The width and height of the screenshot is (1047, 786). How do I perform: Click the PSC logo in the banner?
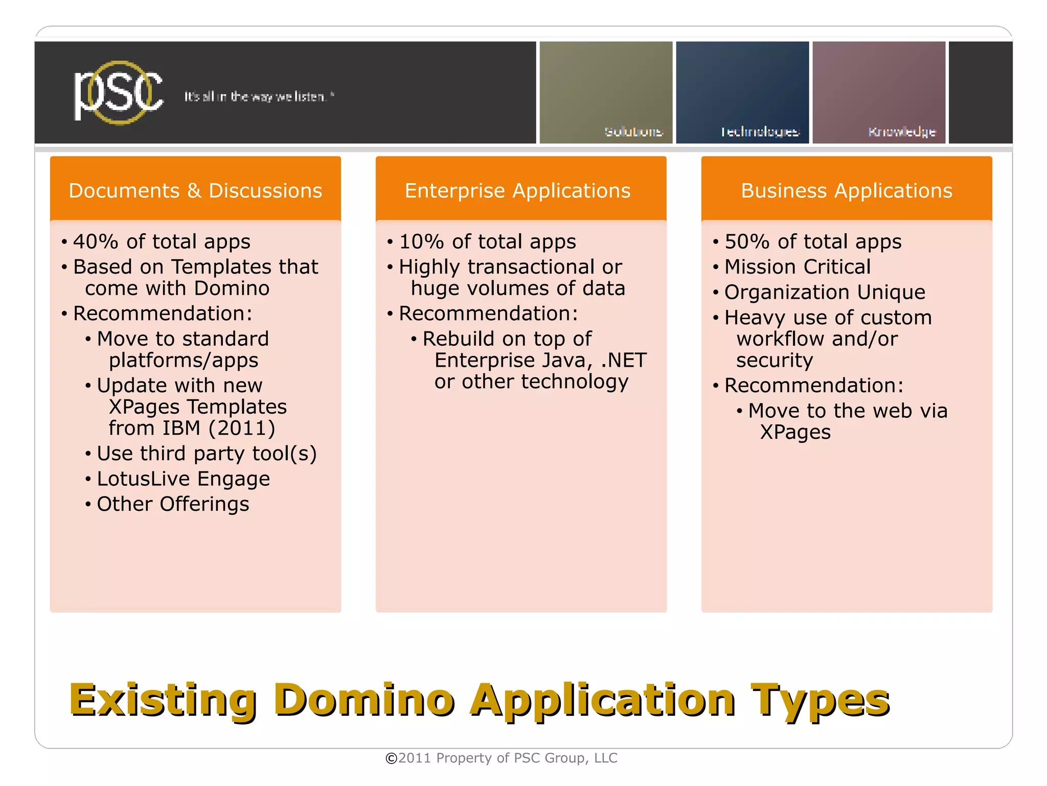[x=119, y=93]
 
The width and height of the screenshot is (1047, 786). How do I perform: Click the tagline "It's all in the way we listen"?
[x=259, y=97]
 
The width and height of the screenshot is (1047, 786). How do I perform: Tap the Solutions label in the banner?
[x=633, y=132]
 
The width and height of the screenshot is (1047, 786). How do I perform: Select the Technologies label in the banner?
[x=760, y=132]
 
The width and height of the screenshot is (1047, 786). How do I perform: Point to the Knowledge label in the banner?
[x=902, y=132]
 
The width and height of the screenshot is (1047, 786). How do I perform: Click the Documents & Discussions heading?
[x=195, y=191]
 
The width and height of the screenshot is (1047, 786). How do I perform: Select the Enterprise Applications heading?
[x=517, y=191]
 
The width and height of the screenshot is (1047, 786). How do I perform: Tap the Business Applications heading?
[x=847, y=191]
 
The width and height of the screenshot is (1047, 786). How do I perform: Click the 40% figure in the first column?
[x=96, y=241]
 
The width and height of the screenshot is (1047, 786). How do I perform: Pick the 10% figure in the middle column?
[x=421, y=241]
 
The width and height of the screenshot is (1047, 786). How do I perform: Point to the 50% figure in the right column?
[x=747, y=241]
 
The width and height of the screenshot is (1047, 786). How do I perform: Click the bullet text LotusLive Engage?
[x=183, y=479]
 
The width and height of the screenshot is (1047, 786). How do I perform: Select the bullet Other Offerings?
[x=173, y=504]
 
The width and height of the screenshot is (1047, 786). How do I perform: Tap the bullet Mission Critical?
[x=797, y=267]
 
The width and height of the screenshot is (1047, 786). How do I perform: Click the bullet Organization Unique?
[x=825, y=293]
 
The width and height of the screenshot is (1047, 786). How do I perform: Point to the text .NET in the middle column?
[x=624, y=361]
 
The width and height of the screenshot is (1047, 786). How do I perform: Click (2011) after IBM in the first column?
[x=242, y=428]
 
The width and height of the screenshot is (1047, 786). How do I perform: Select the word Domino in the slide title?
[x=363, y=700]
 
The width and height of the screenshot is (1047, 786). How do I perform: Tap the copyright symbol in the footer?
[x=391, y=758]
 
